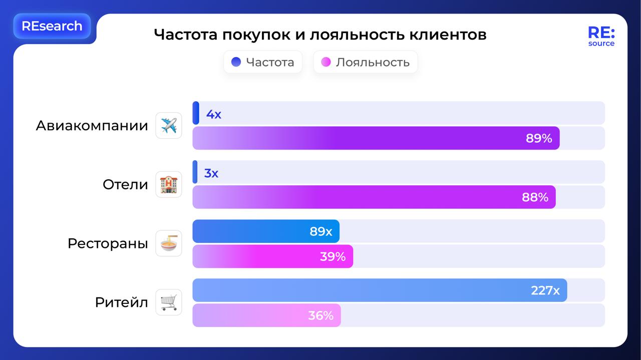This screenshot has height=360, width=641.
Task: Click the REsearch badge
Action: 52,26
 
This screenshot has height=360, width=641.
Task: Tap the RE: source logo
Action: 601,37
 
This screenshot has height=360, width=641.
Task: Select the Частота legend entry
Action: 263,62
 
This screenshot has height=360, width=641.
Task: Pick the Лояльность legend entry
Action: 366,62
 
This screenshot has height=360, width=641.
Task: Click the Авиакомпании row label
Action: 92,126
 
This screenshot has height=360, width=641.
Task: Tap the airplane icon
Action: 169,126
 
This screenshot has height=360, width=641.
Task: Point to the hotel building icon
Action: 169,185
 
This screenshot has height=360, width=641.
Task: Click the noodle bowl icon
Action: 169,244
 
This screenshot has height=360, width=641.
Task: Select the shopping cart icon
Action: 169,302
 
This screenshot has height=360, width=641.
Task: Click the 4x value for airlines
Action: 214,114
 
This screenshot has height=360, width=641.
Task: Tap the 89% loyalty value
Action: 539,139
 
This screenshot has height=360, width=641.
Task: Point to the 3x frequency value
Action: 211,173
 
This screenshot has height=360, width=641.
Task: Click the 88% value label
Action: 535,197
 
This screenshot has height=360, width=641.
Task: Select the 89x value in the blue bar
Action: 321,231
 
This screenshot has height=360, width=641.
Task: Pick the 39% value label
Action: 333,257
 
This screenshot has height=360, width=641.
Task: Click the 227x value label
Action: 545,290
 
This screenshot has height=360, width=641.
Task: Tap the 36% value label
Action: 320,315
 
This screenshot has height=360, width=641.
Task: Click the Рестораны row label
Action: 108,244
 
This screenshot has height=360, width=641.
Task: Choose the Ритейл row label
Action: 122,302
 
